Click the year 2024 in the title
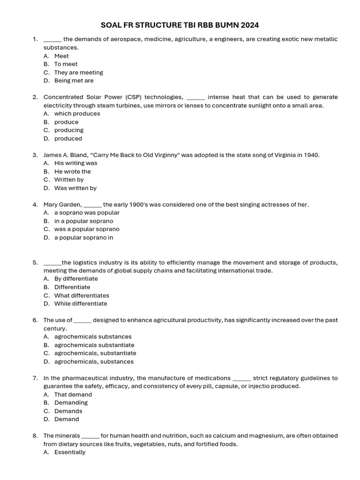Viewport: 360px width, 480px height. coord(249,24)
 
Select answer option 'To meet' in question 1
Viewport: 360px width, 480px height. coord(66,64)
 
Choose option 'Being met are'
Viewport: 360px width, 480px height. coord(74,81)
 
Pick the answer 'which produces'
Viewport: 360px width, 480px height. coord(77,113)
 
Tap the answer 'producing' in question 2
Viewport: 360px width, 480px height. coord(68,130)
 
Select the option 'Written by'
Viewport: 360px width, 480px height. coord(69,180)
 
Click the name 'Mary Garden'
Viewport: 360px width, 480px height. coord(62,204)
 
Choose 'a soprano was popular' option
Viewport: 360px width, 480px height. coord(87,213)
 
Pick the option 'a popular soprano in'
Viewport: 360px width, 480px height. coord(83,238)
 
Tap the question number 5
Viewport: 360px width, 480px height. coord(35,262)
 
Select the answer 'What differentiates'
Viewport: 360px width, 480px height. coord(82,296)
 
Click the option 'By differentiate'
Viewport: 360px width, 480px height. coord(76,279)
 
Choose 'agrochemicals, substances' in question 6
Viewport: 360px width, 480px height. coord(94,362)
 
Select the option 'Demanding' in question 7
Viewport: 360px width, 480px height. coord(71,403)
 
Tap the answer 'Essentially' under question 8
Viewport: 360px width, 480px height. coord(70,452)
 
